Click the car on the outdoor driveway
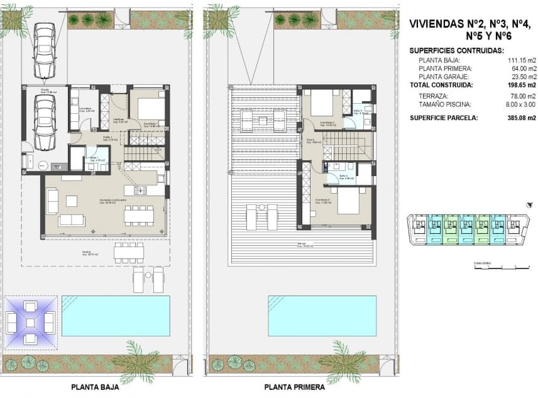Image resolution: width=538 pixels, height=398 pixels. [43, 51]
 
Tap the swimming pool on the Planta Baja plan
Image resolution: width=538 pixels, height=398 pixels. [116, 315]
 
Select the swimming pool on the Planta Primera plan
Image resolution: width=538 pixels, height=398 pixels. [322, 315]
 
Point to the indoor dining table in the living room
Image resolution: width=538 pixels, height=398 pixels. [138, 215]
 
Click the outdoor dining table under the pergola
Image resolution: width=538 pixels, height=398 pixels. [128, 253]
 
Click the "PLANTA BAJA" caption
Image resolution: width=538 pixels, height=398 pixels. [94, 388]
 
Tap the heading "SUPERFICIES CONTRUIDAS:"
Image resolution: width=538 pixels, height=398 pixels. [456, 50]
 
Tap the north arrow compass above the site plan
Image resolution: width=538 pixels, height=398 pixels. [530, 204]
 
